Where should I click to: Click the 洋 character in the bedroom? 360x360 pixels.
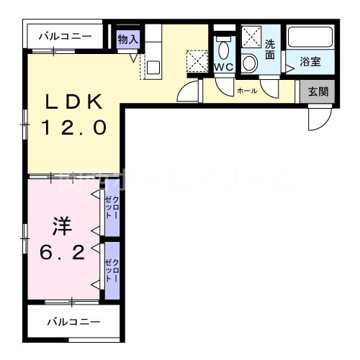60,228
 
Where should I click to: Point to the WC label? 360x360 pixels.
222,67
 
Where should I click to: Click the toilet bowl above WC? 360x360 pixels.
223,48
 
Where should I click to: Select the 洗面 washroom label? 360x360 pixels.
270,49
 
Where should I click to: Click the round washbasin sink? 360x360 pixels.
250,63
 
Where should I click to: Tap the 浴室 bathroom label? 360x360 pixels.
311,62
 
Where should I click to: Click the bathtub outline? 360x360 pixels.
311,39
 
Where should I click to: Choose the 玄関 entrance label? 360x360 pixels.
318,91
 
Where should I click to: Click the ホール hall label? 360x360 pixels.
247,91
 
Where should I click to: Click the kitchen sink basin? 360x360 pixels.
153,68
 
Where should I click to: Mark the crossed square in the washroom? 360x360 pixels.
251,36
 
